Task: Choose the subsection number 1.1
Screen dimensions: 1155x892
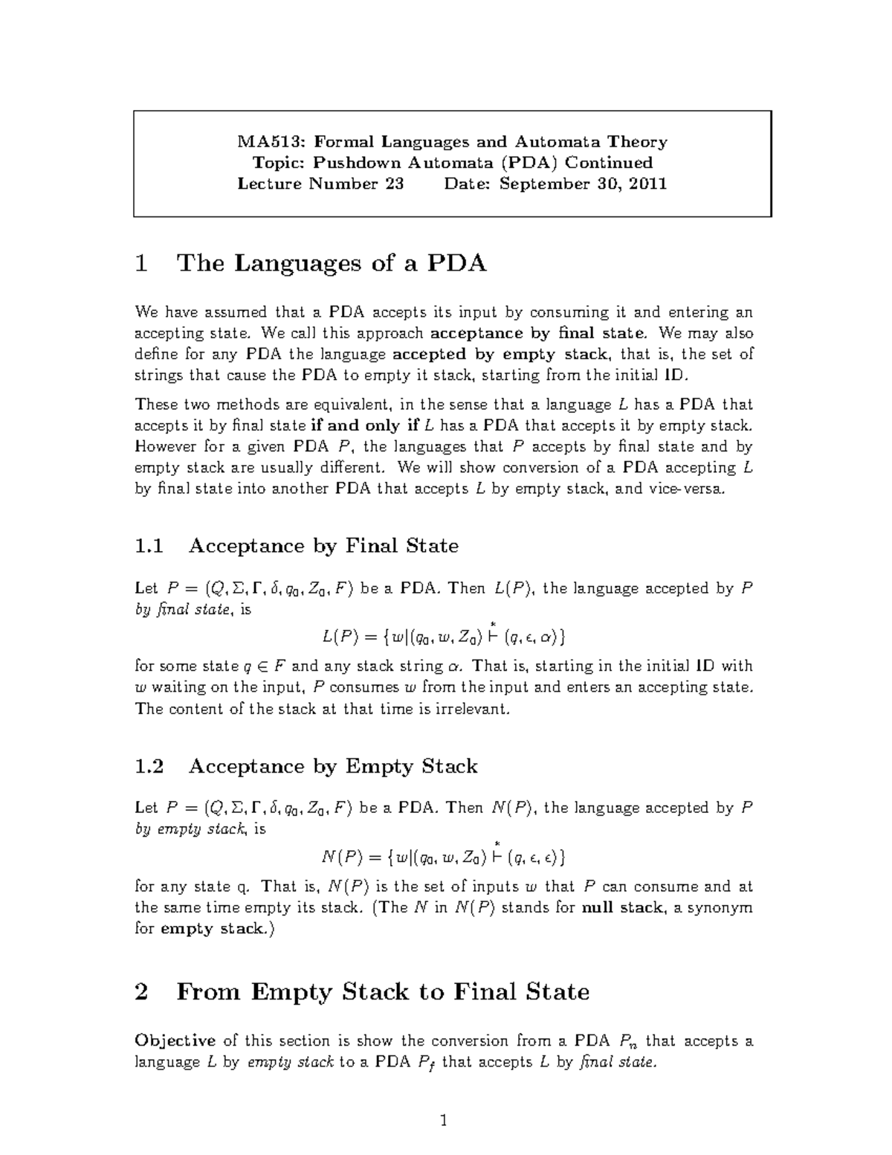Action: (149, 546)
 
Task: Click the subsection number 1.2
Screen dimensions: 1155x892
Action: (149, 766)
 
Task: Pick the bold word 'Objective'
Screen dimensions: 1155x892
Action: (175, 1040)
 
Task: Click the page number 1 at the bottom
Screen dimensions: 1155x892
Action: (444, 1121)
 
